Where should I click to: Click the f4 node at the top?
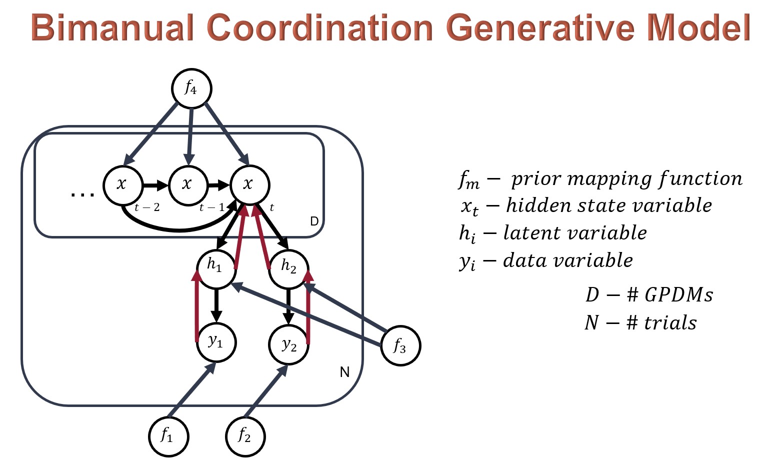(x=191, y=88)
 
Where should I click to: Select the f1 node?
(x=168, y=436)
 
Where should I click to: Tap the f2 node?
(x=245, y=436)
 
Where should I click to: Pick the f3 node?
(x=400, y=346)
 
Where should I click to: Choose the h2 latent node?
(x=289, y=269)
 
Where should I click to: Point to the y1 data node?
(x=216, y=342)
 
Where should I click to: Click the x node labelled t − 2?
(x=122, y=185)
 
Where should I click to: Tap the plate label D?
(x=314, y=221)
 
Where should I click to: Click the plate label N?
(x=344, y=372)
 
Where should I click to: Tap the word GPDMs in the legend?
(x=678, y=295)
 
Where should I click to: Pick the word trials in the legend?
(x=670, y=323)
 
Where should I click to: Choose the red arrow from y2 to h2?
(x=308, y=307)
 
